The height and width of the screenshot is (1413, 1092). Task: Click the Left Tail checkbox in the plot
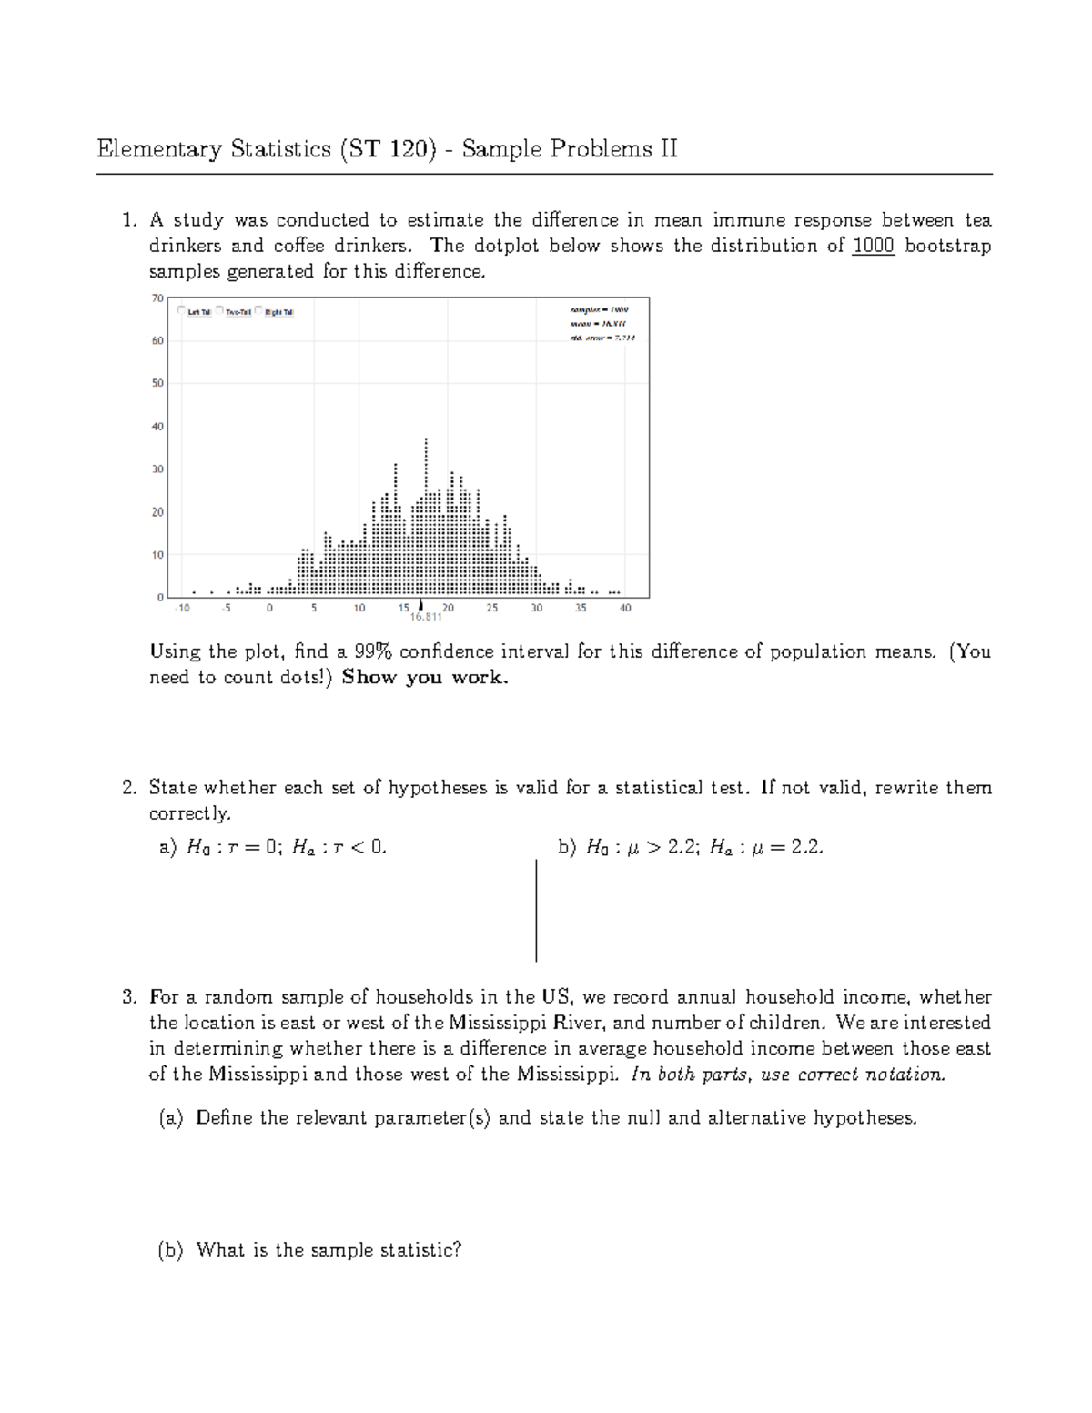click(x=183, y=311)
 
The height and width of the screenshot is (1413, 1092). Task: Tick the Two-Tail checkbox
click(x=220, y=311)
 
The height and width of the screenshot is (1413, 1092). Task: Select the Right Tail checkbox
click(x=259, y=311)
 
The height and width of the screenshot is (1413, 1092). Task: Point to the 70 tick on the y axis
click(x=157, y=298)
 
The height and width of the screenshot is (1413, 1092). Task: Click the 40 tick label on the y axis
click(x=157, y=426)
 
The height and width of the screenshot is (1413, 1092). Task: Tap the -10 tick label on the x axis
click(x=183, y=608)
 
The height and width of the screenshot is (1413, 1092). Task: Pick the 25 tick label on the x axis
click(x=491, y=608)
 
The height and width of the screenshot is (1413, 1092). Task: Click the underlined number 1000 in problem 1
click(x=874, y=246)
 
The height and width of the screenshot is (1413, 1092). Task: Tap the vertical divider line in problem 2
click(x=536, y=910)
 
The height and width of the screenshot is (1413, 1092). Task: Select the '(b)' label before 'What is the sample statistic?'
click(x=170, y=1250)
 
